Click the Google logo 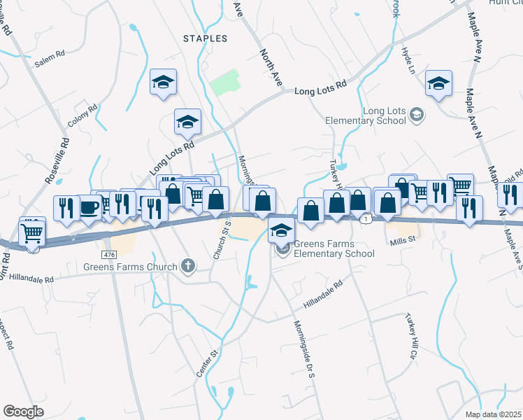pyautogui.click(x=23, y=412)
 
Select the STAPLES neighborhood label pyautogui.click(x=205, y=38)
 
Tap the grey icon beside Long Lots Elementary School pyautogui.click(x=417, y=114)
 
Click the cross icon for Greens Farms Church pyautogui.click(x=187, y=265)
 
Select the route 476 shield pyautogui.click(x=108, y=253)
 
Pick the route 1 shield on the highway pyautogui.click(x=366, y=219)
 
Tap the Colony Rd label pyautogui.click(x=82, y=116)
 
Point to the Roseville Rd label pyautogui.click(x=57, y=160)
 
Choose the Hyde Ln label pyautogui.click(x=408, y=59)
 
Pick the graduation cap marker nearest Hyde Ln pyautogui.click(x=438, y=85)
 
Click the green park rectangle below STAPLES pyautogui.click(x=225, y=84)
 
